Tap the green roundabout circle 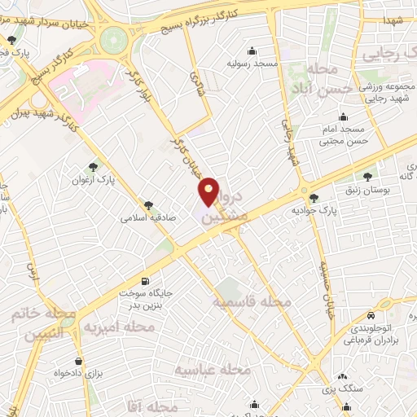pos(115,37)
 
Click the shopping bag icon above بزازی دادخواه pos(78,361)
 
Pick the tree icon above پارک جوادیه pos(314,198)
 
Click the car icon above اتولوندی pos(371,315)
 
